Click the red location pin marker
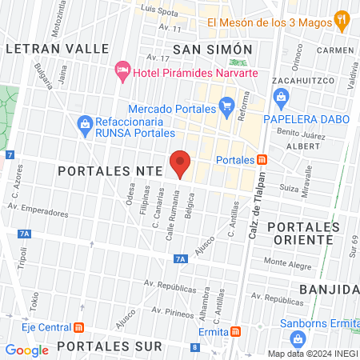click(x=180, y=163)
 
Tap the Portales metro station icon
click(x=262, y=160)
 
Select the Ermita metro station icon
click(x=235, y=332)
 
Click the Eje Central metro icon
click(x=78, y=327)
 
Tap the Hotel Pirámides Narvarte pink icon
click(x=122, y=71)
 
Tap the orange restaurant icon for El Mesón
click(x=342, y=20)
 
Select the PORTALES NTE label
click(x=110, y=170)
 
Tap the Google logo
click(x=27, y=350)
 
